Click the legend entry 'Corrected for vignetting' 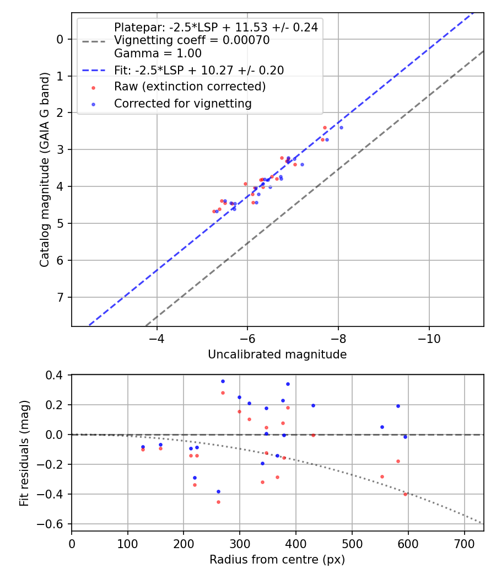pos(182,104)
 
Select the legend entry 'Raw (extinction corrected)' pos(190,87)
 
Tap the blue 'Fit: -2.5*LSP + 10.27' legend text pos(198,70)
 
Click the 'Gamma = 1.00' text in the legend pos(158,53)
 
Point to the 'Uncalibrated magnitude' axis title pos(277,355)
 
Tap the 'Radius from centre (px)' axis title pos(277,560)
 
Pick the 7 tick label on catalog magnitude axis pos(60,297)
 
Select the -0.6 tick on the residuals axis pos(56,523)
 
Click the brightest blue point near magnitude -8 pos(341,127)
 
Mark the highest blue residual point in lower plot pos(223,381)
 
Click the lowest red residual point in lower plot pos(218,502)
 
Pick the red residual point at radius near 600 pos(405,494)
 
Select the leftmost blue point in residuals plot pos(143,447)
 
